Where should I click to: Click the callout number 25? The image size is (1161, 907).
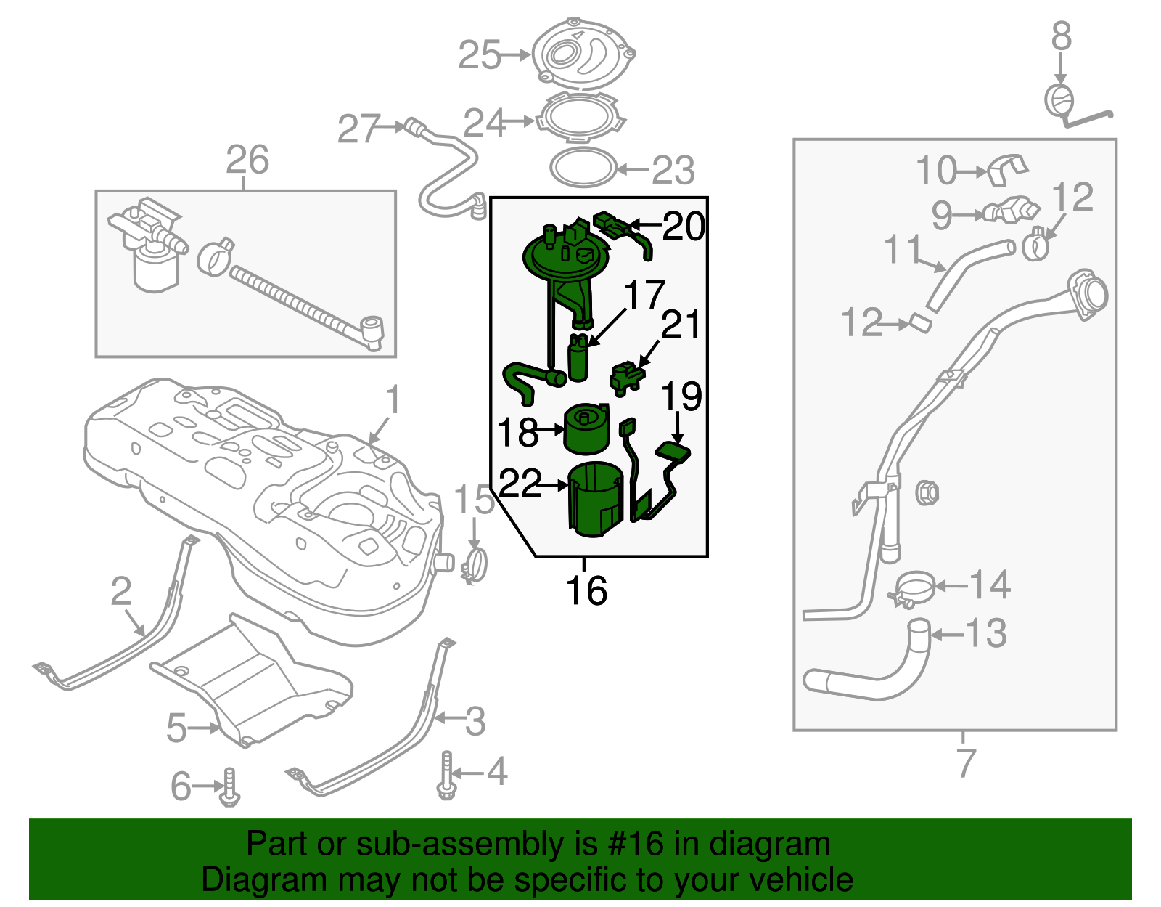pos(479,55)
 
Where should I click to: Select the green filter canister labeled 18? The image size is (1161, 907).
pos(586,430)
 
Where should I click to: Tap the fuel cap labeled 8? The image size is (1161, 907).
pos(1059,100)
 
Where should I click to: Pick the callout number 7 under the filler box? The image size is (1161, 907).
pos(965,762)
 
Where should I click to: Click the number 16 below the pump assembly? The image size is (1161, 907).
pos(586,590)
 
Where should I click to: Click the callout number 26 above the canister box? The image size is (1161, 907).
pos(247,160)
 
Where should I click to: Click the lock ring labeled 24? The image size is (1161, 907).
pos(580,121)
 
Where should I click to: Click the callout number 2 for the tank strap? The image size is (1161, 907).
pos(121,591)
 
